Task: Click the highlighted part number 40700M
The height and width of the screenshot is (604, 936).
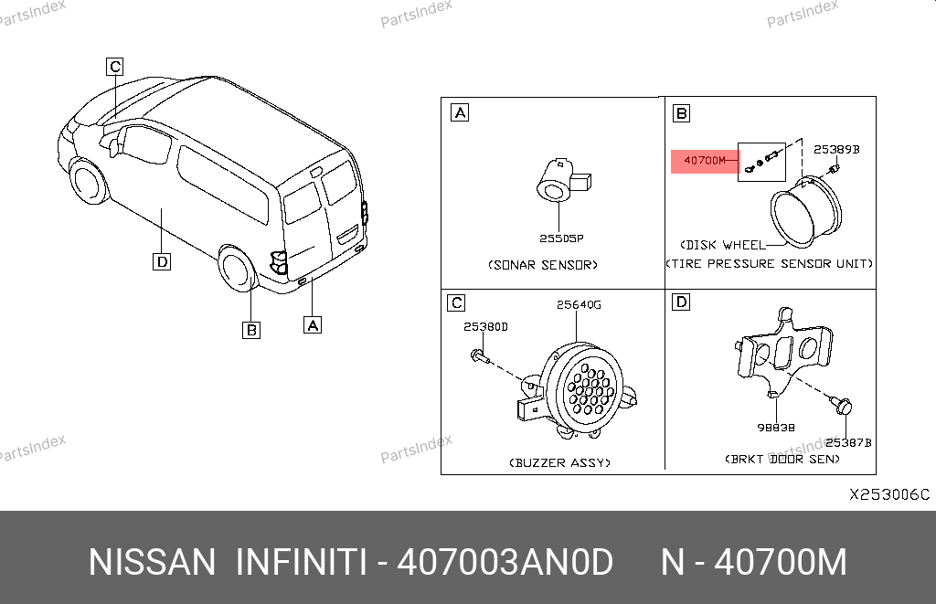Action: click(705, 161)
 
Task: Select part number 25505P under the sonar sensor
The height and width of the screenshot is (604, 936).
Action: click(561, 238)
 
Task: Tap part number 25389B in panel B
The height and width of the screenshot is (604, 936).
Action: click(836, 149)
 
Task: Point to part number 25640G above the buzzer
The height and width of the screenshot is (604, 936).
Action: click(579, 304)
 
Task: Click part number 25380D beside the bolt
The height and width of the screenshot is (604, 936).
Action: click(485, 326)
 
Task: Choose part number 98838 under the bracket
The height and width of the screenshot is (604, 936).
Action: click(775, 428)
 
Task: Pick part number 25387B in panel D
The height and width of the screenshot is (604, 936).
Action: click(848, 442)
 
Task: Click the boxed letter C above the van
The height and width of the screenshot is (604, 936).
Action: click(114, 67)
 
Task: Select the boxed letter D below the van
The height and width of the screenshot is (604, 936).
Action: click(162, 261)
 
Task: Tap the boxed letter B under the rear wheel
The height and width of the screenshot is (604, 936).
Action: click(251, 330)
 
